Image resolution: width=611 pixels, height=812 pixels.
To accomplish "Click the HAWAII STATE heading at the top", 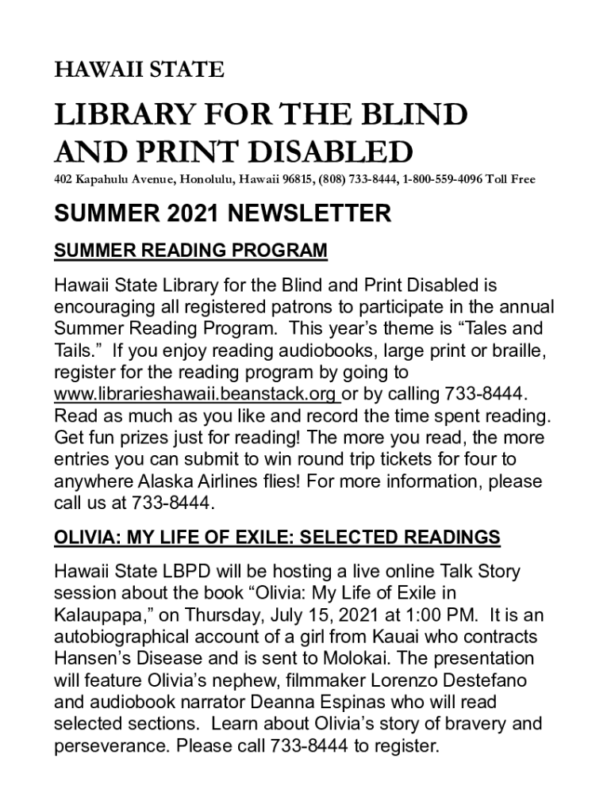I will click(139, 71).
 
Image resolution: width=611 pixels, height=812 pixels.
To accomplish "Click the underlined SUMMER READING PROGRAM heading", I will click(190, 251).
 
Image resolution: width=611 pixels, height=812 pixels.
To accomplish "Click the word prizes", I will click(150, 438).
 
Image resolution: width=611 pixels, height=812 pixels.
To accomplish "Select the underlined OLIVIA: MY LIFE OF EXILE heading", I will click(277, 538).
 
